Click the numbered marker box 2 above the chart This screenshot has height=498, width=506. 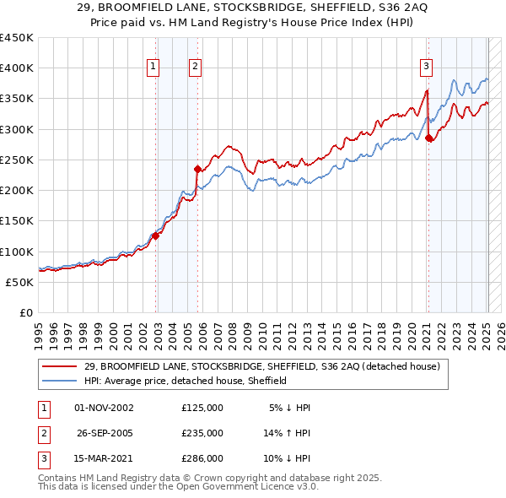tap(195, 67)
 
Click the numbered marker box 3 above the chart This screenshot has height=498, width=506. tap(427, 67)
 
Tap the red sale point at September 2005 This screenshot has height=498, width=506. tap(197, 169)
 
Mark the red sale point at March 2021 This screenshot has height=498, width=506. tap(428, 138)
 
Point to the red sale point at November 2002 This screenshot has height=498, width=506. tap(155, 236)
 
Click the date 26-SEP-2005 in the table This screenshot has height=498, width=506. tap(105, 433)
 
